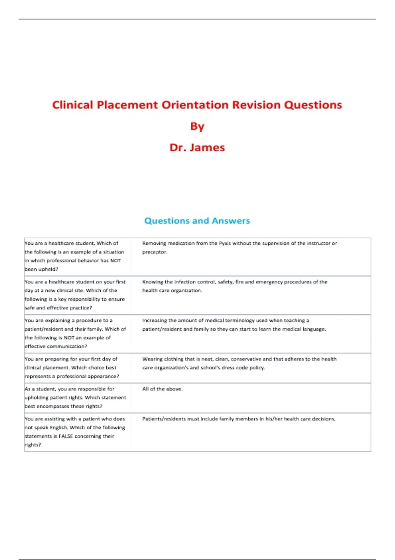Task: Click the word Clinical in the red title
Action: tap(73, 105)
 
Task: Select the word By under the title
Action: tap(197, 126)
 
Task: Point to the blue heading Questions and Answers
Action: tap(197, 221)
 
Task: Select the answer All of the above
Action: tap(162, 389)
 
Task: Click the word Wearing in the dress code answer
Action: tap(152, 359)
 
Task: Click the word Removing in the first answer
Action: tap(154, 243)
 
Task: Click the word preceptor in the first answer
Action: tap(154, 252)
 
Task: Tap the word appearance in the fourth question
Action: tap(101, 376)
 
